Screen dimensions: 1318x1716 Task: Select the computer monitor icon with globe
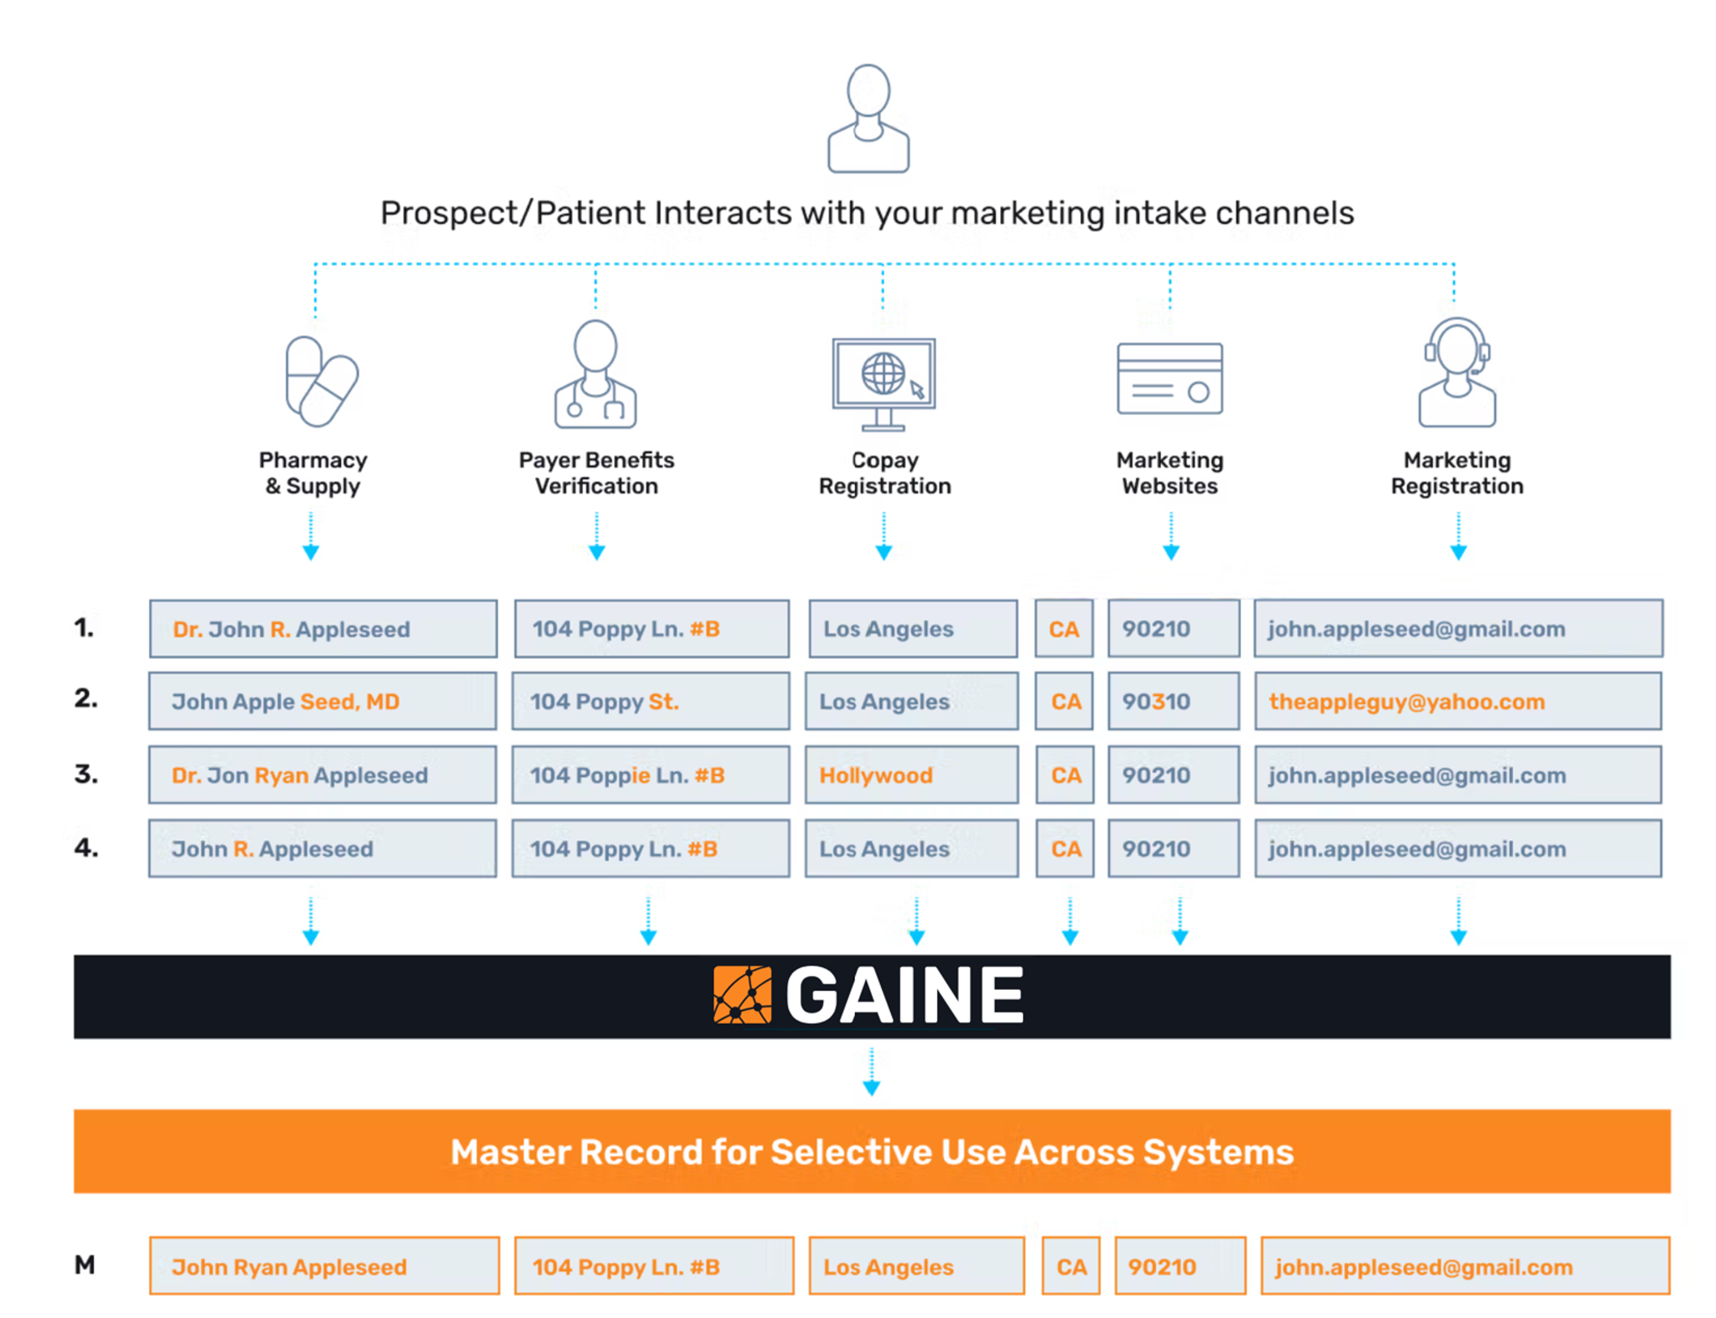tap(883, 383)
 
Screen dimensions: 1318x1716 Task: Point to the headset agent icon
tap(1456, 373)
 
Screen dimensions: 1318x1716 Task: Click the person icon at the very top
tap(868, 118)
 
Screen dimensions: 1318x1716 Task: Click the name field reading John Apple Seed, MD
tap(322, 701)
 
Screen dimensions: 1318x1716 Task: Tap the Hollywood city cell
tap(911, 775)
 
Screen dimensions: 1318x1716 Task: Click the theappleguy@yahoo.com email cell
tap(1456, 701)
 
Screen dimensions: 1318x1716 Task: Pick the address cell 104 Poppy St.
tap(650, 701)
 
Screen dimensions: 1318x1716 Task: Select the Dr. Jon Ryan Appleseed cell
tap(322, 775)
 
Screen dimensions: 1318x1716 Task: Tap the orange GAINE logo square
tap(741, 995)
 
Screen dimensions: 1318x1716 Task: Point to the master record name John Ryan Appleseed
tap(324, 1266)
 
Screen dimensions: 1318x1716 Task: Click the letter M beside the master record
tap(85, 1265)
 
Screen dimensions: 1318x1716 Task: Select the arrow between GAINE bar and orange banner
tap(871, 1073)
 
